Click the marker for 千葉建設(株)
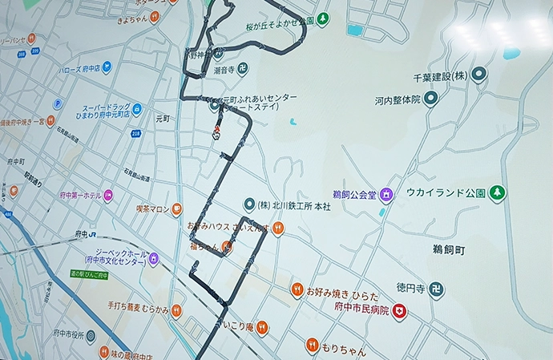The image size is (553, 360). click(x=479, y=75)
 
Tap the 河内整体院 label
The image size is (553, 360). click(x=397, y=101)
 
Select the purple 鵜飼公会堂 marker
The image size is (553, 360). click(x=387, y=194)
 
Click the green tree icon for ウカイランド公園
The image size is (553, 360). click(x=498, y=193)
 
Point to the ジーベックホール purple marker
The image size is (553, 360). click(x=153, y=259)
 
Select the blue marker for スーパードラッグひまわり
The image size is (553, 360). click(x=137, y=109)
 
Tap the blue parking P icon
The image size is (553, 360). click(x=58, y=104)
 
